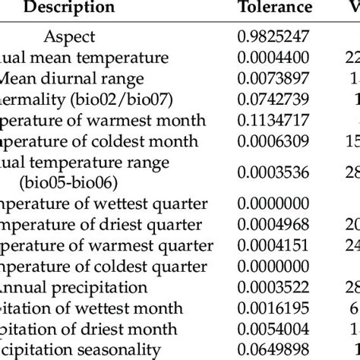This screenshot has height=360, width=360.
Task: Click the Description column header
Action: tap(69, 8)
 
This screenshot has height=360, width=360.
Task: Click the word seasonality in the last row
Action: tap(118, 350)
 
